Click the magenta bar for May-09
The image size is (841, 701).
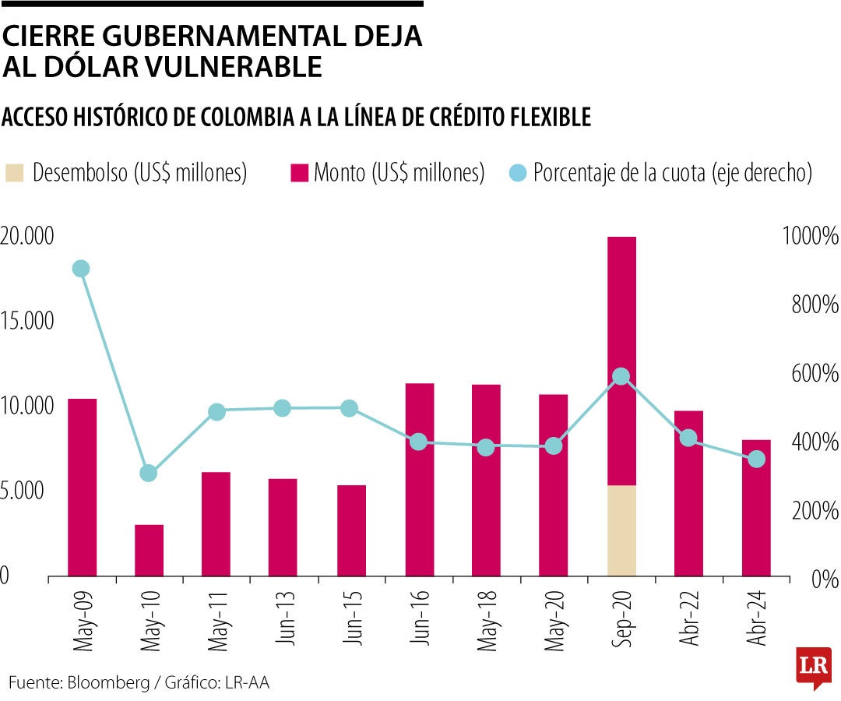[x=83, y=487]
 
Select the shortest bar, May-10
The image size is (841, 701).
[x=150, y=550]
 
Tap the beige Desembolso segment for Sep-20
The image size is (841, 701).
[x=621, y=530]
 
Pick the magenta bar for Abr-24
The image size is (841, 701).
[x=756, y=508]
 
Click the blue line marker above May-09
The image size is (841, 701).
[x=80, y=269]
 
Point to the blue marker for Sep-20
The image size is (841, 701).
[x=621, y=376]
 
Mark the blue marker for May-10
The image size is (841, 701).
[x=149, y=473]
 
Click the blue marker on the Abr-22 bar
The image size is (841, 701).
[x=688, y=438]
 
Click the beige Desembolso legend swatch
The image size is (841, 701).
[x=15, y=173]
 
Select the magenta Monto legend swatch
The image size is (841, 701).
[x=299, y=173]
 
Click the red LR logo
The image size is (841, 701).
[x=812, y=667]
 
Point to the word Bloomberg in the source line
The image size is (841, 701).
[x=109, y=682]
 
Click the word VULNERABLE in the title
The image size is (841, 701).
[x=230, y=67]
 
